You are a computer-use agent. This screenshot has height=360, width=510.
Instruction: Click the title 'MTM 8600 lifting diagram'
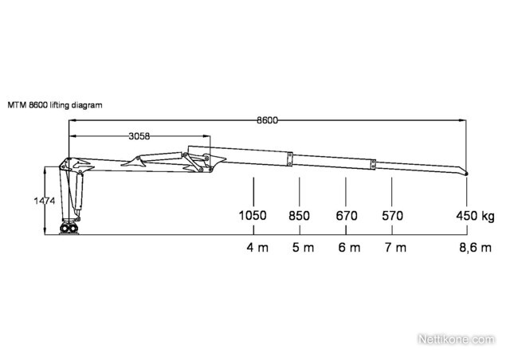pyautogui.click(x=55, y=105)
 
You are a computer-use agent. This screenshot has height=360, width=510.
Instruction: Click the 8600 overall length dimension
pyautogui.click(x=268, y=120)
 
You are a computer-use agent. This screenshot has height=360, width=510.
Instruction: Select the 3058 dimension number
pyautogui.click(x=139, y=136)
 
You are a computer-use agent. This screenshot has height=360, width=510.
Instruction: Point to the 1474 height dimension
pyautogui.click(x=45, y=201)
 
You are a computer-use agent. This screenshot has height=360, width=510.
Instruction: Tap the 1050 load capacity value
pyautogui.click(x=253, y=216)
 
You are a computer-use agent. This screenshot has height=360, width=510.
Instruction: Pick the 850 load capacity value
pyautogui.click(x=300, y=216)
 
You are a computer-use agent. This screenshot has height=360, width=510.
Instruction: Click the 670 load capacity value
pyautogui.click(x=347, y=216)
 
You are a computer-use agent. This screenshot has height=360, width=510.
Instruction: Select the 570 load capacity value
pyautogui.click(x=393, y=216)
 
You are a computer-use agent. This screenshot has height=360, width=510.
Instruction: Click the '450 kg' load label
pyautogui.click(x=475, y=216)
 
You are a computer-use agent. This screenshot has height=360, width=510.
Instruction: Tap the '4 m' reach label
pyautogui.click(x=257, y=248)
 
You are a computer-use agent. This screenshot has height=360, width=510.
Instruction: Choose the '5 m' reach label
pyautogui.click(x=303, y=248)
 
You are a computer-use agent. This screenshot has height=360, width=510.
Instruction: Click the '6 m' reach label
pyautogui.click(x=349, y=248)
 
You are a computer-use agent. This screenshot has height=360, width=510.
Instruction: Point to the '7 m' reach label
pyautogui.click(x=396, y=248)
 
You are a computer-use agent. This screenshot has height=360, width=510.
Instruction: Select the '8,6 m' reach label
pyautogui.click(x=475, y=248)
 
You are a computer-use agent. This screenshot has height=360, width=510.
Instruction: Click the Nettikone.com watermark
pyautogui.click(x=456, y=339)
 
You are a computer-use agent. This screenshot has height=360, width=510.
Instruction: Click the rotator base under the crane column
pyautogui.click(x=69, y=229)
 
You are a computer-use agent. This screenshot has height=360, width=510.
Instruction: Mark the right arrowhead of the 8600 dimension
pyautogui.click(x=462, y=120)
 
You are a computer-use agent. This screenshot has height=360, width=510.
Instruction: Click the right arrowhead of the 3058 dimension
pyautogui.click(x=206, y=136)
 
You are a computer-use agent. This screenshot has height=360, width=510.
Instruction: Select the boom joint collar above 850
pyautogui.click(x=290, y=159)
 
